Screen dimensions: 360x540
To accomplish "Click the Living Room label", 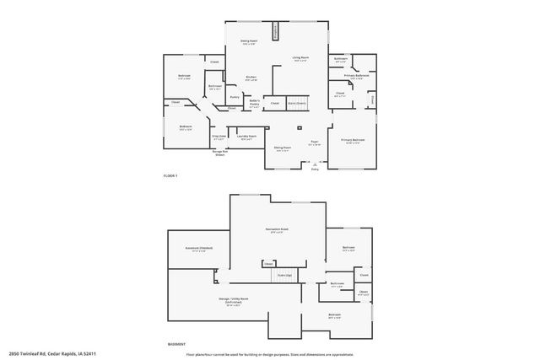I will (x=300, y=58).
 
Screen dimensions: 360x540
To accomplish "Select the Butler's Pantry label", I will (x=254, y=105).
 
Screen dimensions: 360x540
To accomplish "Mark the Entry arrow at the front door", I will (x=315, y=168).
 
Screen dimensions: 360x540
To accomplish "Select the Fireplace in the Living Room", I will (x=285, y=30).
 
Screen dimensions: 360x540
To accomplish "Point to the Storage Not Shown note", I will (x=219, y=153).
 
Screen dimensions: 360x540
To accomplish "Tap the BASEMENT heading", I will (x=175, y=344).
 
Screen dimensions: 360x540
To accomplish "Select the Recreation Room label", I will (x=278, y=230).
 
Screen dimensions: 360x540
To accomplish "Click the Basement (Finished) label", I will (x=199, y=249).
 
